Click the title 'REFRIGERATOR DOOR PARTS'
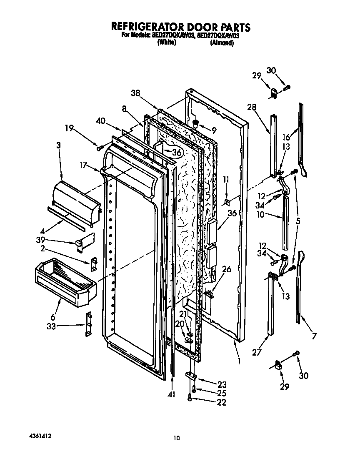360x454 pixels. pyautogui.click(x=180, y=27)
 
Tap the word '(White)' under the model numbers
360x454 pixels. pyautogui.click(x=167, y=43)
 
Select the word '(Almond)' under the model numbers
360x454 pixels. pyautogui.click(x=222, y=43)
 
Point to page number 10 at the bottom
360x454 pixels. pyautogui.click(x=177, y=438)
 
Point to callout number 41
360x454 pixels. pyautogui.click(x=172, y=394)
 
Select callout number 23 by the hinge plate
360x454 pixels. pyautogui.click(x=222, y=385)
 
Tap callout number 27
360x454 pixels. pyautogui.click(x=257, y=352)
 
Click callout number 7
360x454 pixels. pyautogui.click(x=314, y=336)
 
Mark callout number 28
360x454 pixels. pyautogui.click(x=251, y=107)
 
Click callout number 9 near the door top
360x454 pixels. pyautogui.click(x=214, y=130)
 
